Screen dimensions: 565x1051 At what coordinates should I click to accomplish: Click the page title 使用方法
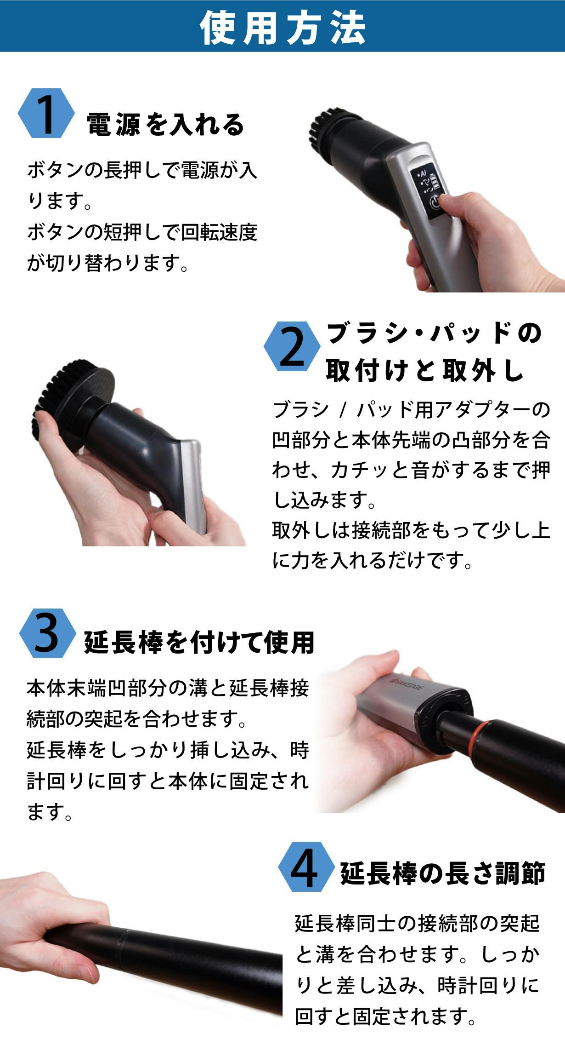pos(282,28)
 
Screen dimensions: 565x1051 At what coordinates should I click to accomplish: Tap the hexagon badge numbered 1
pos(46,113)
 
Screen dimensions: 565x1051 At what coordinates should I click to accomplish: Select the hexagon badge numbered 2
pos(292,346)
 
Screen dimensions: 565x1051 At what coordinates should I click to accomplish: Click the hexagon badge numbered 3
pos(47,633)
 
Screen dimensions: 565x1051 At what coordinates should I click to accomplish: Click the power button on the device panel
pos(435,203)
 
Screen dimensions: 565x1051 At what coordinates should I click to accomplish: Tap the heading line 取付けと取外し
pos(425,370)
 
